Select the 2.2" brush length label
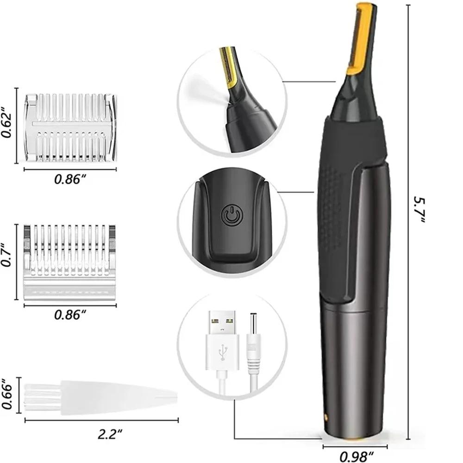click(110, 434)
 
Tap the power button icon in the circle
click(230, 216)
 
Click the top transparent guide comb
click(71, 127)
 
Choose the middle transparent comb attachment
click(69, 262)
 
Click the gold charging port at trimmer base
click(326, 417)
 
